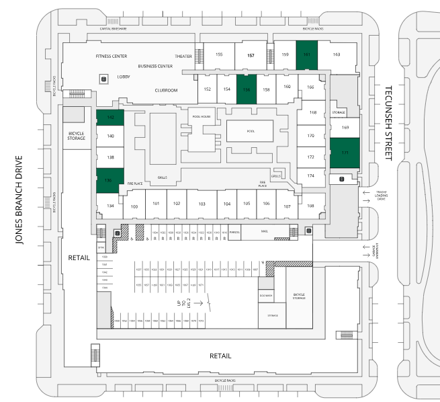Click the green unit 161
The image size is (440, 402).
pos(306,54)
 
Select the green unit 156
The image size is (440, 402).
pos(247,89)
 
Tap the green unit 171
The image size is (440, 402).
pos(345,153)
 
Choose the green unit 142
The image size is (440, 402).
pos(110,118)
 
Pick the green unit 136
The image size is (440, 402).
pos(109,180)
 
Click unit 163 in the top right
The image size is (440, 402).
pos(337,54)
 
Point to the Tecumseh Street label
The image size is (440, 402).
pos(388,122)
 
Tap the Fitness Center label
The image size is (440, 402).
pos(112,56)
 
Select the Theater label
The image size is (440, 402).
pos(183,56)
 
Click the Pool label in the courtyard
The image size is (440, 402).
pos(251,131)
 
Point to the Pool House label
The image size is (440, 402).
pos(201,116)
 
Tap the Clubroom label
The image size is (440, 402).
pos(166,89)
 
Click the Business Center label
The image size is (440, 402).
pos(156,66)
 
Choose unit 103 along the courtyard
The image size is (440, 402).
pos(201,204)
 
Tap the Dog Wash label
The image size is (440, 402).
pos(265,295)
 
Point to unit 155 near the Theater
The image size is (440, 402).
pos(219,54)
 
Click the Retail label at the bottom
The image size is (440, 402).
pos(220,356)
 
